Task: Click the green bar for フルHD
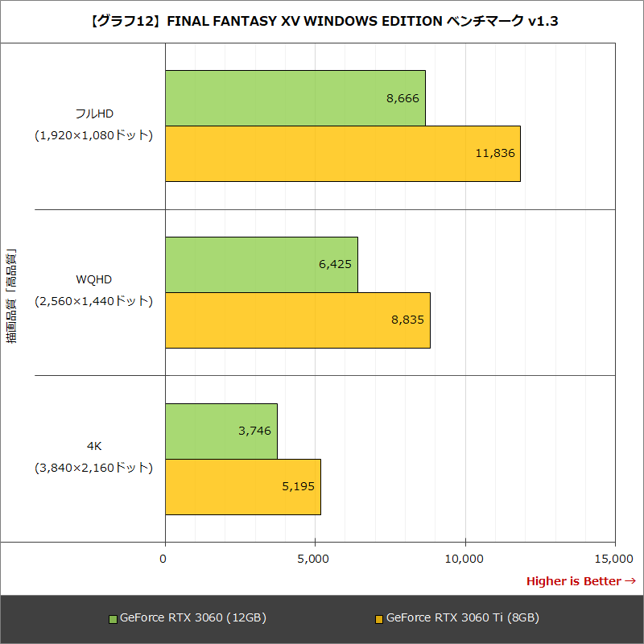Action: [x=295, y=98]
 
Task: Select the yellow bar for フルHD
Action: [x=342, y=154]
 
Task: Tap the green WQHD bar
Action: [x=261, y=264]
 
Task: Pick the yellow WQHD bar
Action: [x=297, y=320]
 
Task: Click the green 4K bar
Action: [x=221, y=431]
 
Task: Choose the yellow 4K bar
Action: [x=242, y=486]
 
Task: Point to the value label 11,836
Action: [x=494, y=154]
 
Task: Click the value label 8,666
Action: [x=403, y=98]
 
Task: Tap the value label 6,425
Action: [x=336, y=264]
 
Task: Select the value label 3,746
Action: [x=255, y=431]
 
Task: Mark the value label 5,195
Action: [x=299, y=486]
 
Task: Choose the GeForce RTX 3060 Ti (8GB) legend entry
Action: [x=456, y=618]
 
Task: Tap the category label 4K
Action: [x=93, y=446]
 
